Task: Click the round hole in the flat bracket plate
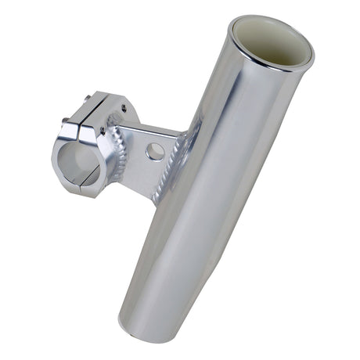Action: [154, 151]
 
